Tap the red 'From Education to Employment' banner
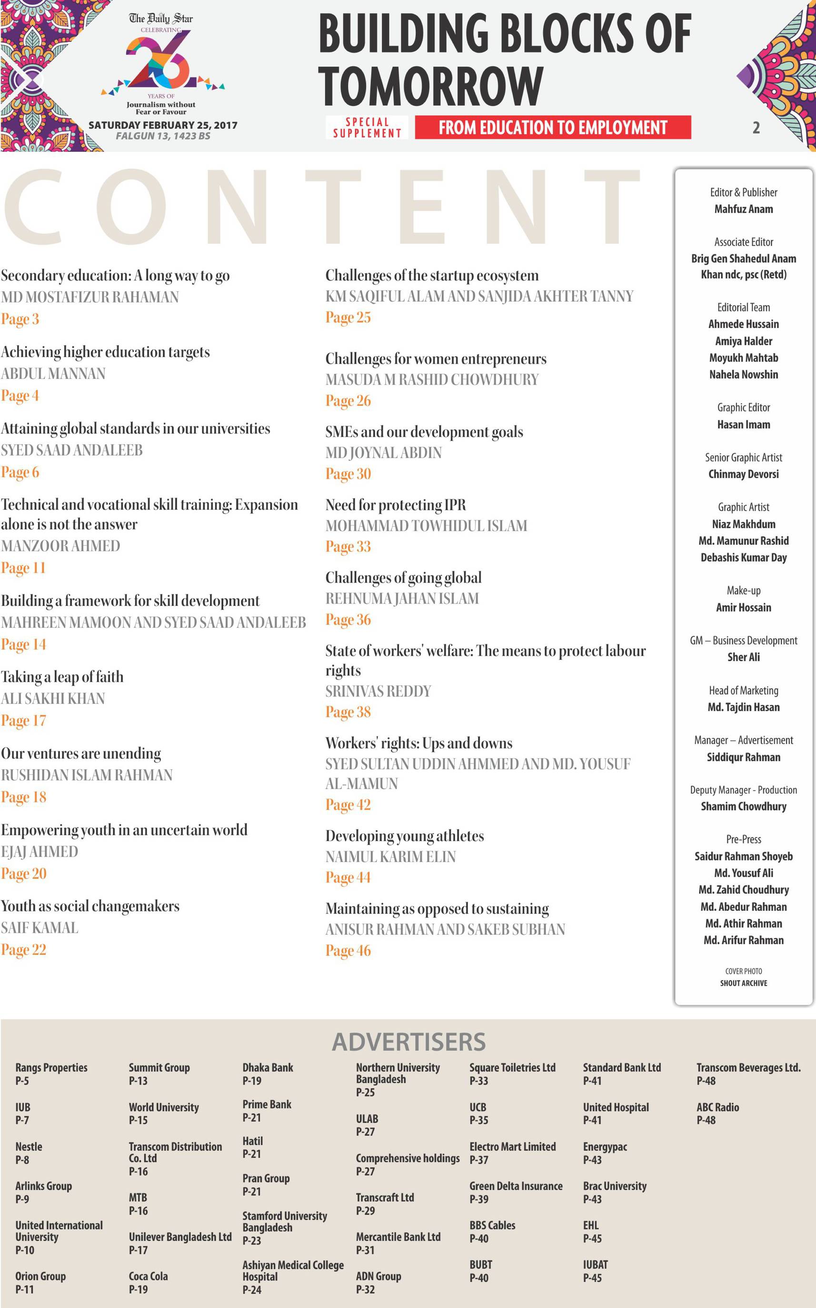pos(553,128)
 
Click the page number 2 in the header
pos(756,128)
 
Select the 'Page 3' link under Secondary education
pos(20,319)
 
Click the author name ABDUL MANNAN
pos(53,373)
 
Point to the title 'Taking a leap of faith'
pos(62,677)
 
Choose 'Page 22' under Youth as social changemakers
pos(24,950)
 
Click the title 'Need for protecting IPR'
pos(395,505)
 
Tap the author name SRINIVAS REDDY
pos(378,691)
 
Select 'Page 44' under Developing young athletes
pos(348,877)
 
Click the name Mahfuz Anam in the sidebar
pos(743,209)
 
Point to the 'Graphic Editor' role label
pos(743,407)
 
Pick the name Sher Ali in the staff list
pos(743,657)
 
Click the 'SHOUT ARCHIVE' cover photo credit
pos(743,983)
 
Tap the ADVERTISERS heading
pos(408,1041)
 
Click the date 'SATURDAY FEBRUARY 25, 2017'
pos(162,125)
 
